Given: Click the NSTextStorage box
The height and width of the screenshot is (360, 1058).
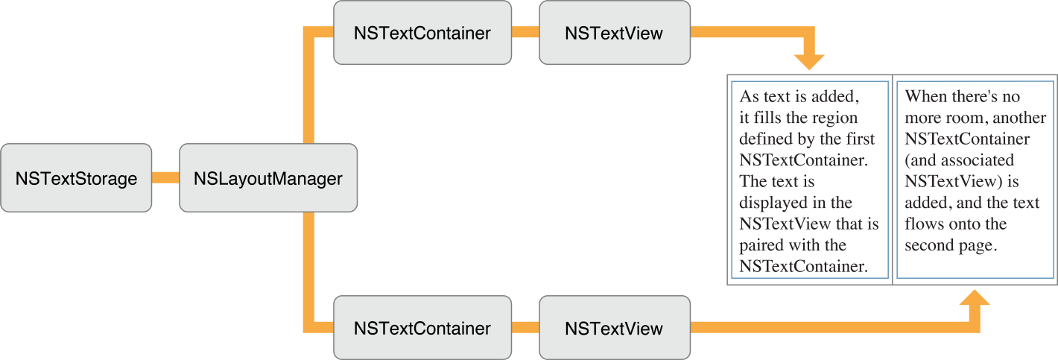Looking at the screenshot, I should point(76,178).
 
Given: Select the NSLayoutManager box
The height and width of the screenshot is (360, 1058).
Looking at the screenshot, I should point(268,178).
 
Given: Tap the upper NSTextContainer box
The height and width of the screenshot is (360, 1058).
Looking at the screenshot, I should point(422,33).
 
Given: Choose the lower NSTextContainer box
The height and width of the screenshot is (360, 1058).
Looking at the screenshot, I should point(422,328).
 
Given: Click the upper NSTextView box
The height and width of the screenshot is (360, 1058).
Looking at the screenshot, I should point(614,33).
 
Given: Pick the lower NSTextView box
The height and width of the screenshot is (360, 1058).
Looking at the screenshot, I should point(614,328).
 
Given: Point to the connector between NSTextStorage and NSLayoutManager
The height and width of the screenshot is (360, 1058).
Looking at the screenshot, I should point(165,178).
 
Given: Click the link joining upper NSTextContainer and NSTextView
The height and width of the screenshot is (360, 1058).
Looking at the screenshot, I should point(525,33).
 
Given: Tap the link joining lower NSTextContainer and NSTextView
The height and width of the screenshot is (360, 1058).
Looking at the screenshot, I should point(525,328).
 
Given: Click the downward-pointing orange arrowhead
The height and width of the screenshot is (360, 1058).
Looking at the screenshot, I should point(809,62).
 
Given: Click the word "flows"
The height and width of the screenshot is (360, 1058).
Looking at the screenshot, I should point(924,224).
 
